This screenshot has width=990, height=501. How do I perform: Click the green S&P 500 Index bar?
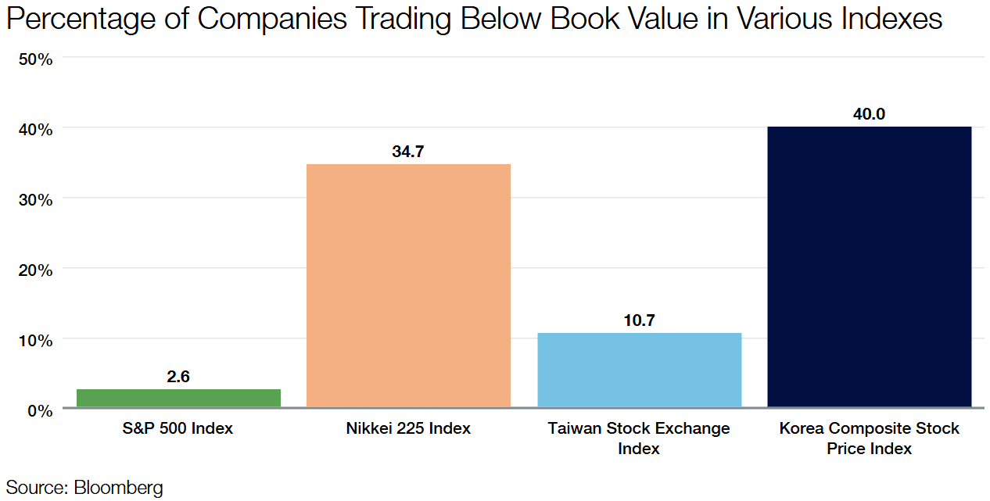point(178,398)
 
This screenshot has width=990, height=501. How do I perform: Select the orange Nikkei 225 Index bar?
point(408,285)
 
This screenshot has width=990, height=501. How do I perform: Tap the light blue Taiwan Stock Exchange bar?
point(639,370)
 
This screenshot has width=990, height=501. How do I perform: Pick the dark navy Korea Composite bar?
point(870,267)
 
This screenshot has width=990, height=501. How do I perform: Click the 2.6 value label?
point(178,377)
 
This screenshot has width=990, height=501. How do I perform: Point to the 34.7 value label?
point(408,152)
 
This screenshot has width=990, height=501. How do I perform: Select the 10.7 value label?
point(639,320)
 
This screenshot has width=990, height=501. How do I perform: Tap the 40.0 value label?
point(870,114)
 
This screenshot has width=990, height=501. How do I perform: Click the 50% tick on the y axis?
point(34,59)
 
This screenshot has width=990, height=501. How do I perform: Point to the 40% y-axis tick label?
point(34,129)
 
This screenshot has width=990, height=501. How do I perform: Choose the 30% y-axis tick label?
point(34,199)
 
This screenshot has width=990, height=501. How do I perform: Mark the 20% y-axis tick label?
point(34,270)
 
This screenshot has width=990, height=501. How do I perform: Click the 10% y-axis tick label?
point(34,340)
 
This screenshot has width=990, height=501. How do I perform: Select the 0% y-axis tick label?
point(39,410)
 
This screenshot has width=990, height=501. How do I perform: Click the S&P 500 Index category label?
point(178,428)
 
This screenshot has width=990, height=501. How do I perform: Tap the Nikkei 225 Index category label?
point(408,428)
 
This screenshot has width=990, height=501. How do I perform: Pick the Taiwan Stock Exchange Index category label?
point(639,438)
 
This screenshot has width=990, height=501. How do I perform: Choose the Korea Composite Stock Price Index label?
point(870,438)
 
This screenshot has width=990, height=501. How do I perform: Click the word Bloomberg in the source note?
point(119,488)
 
